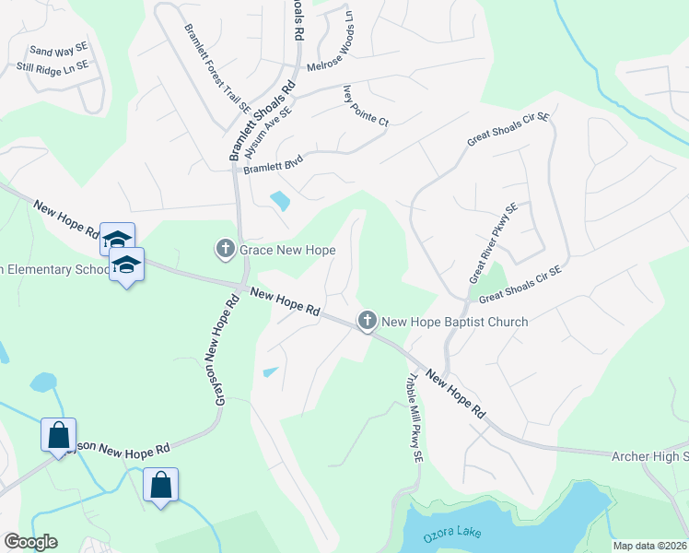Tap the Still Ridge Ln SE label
click(53, 66)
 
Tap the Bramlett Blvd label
click(273, 162)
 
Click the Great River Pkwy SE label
click(493, 243)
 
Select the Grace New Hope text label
click(286, 250)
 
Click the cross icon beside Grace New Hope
click(225, 249)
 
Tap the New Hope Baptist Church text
click(454, 322)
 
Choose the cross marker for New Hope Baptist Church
click(367, 321)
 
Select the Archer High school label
click(649, 456)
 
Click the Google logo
click(30, 542)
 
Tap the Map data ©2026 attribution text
click(649, 546)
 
